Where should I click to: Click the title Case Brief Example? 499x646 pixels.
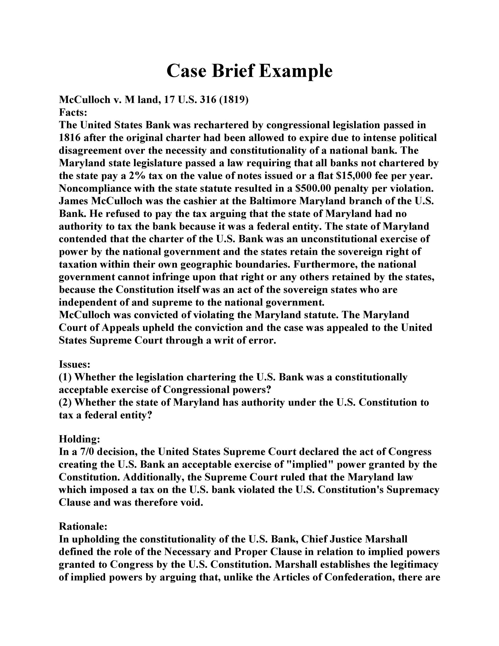click(249, 71)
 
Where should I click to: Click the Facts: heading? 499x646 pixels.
click(73, 113)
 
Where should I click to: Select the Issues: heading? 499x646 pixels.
click(74, 364)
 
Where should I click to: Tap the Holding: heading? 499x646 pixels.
click(80, 439)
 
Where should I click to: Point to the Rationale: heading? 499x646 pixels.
click(83, 527)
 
